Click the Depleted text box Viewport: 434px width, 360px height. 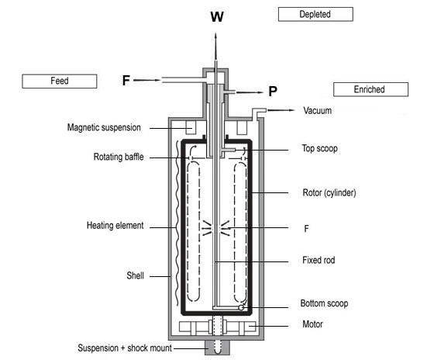[x=315, y=14]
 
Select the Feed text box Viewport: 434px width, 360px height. [x=60, y=81]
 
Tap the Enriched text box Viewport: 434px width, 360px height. [x=370, y=89]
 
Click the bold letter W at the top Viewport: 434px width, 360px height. [x=217, y=16]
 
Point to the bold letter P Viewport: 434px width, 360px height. [x=273, y=92]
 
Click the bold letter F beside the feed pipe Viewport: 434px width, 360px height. [x=126, y=81]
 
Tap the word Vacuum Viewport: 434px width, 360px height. [x=318, y=111]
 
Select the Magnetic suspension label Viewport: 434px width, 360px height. [x=104, y=127]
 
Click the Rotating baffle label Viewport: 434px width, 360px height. [x=119, y=157]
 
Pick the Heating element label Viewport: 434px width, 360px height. [x=115, y=225]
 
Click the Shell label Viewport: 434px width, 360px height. [x=135, y=275]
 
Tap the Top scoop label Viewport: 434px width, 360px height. [x=319, y=148]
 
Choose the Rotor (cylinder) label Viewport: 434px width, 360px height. [x=329, y=192]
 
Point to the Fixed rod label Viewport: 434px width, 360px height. [x=319, y=260]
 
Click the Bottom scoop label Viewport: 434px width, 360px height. [x=324, y=303]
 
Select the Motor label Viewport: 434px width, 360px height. [x=312, y=324]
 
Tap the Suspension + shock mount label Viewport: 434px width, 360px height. [x=125, y=348]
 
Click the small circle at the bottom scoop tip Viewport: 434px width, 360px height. [x=241, y=307]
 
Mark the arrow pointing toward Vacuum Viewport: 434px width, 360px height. [x=281, y=110]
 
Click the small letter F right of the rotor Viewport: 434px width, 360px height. [x=306, y=229]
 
